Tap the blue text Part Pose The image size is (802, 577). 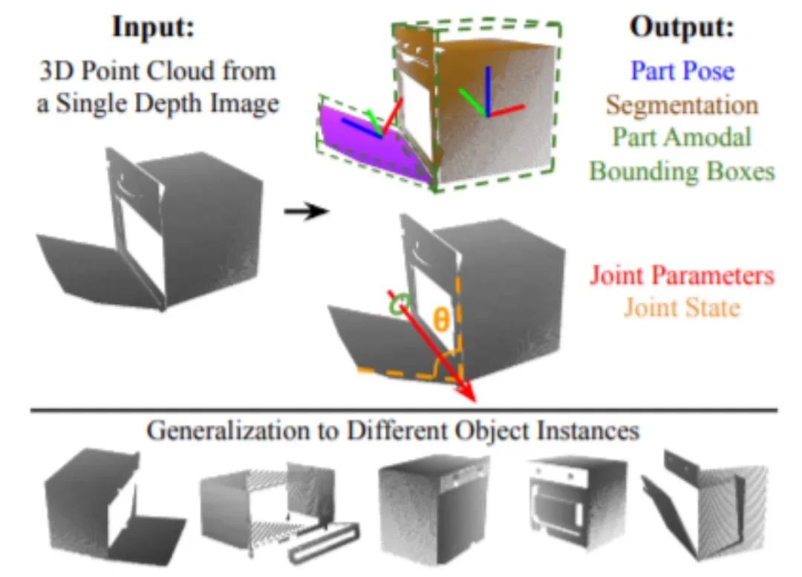click(x=682, y=71)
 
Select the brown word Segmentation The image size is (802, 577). click(x=682, y=104)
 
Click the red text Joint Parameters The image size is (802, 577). click(x=682, y=276)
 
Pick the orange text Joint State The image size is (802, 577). click(x=682, y=307)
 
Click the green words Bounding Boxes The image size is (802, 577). click(x=682, y=171)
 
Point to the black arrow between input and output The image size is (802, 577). click(x=306, y=212)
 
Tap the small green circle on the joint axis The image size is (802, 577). click(x=400, y=304)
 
